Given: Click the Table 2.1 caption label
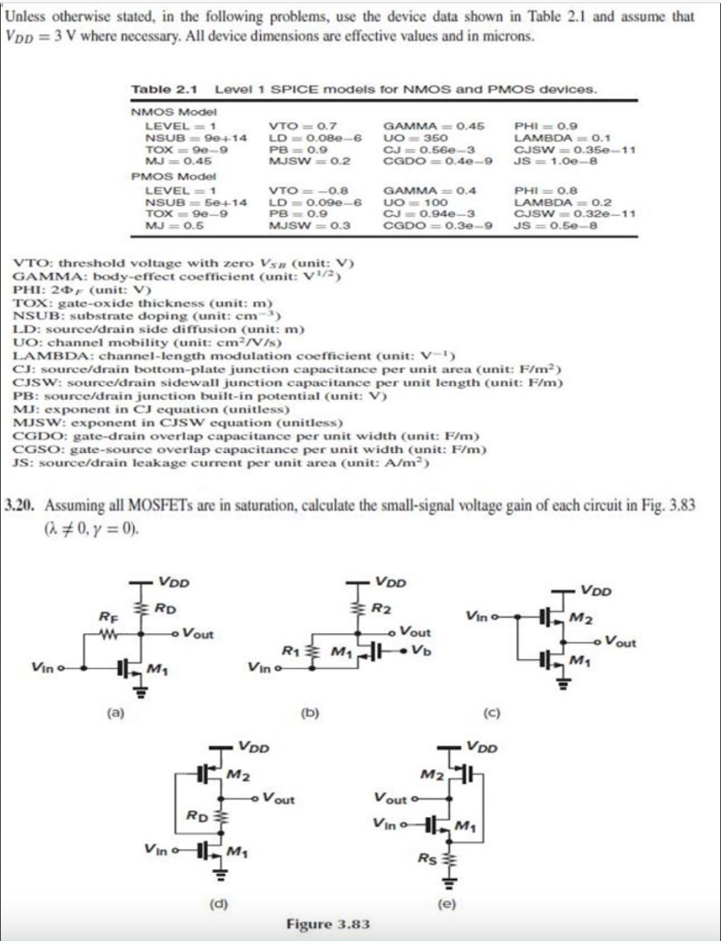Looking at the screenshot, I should pyautogui.click(x=166, y=89).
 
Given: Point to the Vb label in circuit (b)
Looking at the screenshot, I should pyautogui.click(x=421, y=651).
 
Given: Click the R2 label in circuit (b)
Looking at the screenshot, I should pyautogui.click(x=382, y=608).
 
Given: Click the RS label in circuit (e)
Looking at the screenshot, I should pyautogui.click(x=426, y=859).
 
